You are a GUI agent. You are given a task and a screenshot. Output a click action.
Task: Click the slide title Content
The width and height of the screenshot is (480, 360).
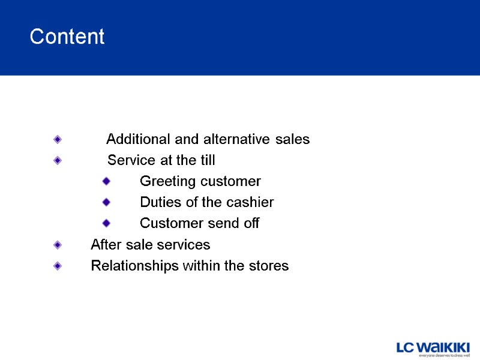tap(67, 37)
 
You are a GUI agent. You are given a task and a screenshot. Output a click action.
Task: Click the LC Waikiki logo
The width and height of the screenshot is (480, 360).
tap(433, 347)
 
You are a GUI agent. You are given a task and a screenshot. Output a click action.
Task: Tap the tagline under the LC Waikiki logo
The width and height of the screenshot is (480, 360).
tap(443, 356)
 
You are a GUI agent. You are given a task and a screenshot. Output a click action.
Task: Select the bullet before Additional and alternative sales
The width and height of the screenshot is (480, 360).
tap(57, 139)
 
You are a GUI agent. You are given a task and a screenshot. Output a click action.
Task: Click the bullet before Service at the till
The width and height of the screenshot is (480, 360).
tap(57, 160)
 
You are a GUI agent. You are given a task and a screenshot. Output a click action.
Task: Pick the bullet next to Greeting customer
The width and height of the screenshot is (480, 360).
tap(106, 181)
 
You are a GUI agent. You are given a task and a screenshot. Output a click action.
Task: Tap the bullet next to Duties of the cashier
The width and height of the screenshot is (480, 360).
tap(106, 202)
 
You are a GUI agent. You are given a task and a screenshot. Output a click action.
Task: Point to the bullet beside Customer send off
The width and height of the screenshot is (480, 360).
tap(106, 223)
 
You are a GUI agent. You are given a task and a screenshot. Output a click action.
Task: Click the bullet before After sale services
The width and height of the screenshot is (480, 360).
tap(57, 245)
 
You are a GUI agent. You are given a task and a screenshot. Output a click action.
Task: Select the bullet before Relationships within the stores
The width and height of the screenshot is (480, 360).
tap(57, 266)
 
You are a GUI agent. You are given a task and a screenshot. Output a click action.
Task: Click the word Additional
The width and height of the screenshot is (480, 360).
tap(138, 140)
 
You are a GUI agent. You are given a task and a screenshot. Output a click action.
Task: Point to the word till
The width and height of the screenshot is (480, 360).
tap(206, 161)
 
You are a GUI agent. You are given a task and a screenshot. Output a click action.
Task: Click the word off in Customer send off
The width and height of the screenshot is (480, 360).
tap(252, 224)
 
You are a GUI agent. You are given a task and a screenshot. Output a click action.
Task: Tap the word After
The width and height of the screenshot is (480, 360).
tap(106, 245)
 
